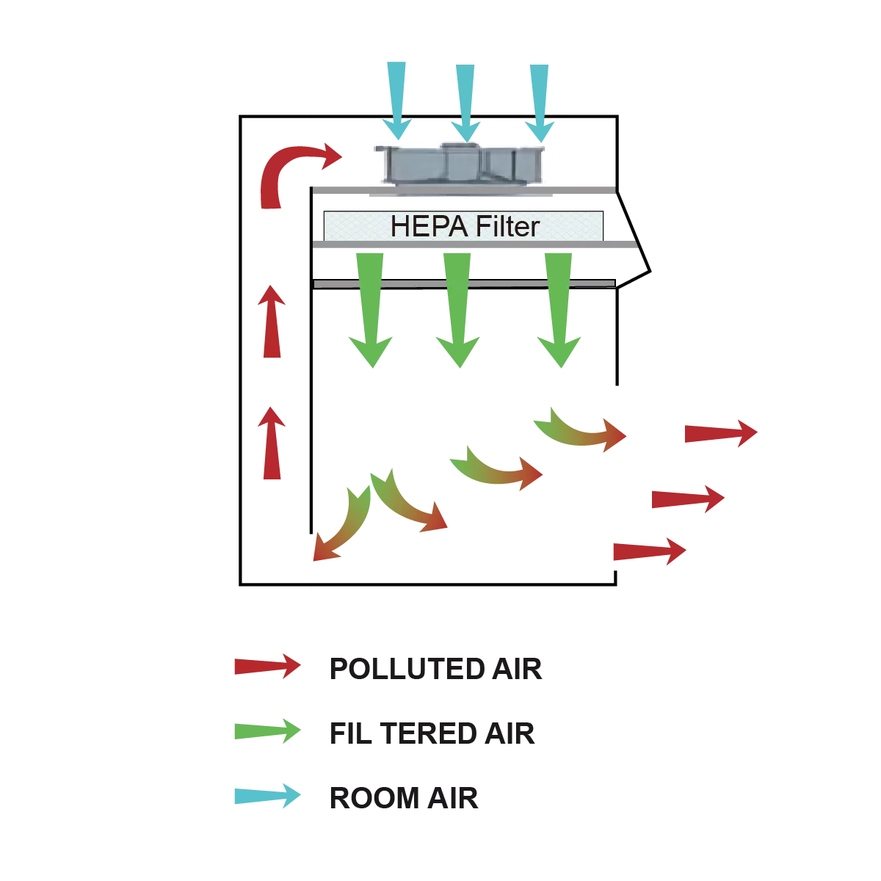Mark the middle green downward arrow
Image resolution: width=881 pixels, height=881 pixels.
pyautogui.click(x=457, y=308)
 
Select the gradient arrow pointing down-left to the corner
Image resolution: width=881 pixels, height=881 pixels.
pyautogui.click(x=341, y=518)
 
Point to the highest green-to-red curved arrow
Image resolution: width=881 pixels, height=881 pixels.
pyautogui.click(x=580, y=430)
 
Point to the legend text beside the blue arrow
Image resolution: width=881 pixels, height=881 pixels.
pyautogui.click(x=405, y=797)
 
